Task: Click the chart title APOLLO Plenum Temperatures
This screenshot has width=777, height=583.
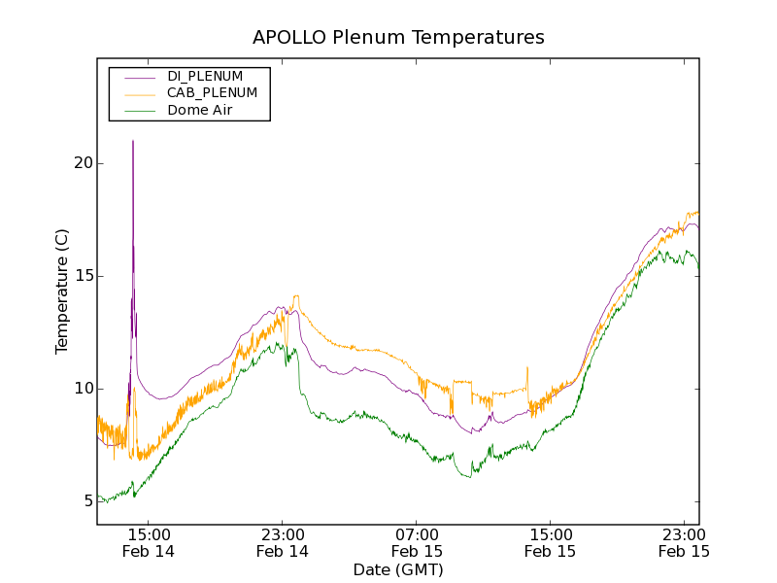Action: (398, 37)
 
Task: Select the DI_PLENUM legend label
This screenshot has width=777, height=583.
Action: (205, 76)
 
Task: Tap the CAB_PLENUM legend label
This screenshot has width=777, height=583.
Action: (212, 93)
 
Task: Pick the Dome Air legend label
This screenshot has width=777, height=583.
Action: (199, 111)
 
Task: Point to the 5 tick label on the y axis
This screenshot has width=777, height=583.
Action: (86, 501)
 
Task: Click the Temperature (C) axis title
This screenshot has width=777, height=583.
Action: (62, 291)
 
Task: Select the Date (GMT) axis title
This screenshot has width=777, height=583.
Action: (398, 569)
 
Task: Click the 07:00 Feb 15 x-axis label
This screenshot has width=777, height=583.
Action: (417, 542)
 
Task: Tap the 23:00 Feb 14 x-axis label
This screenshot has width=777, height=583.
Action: (283, 542)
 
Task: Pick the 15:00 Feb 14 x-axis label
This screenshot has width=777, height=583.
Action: (149, 542)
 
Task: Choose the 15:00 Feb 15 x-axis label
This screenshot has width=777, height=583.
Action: (551, 542)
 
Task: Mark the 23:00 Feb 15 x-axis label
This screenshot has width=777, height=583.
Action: (685, 542)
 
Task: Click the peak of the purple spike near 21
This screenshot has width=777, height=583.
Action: (133, 142)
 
